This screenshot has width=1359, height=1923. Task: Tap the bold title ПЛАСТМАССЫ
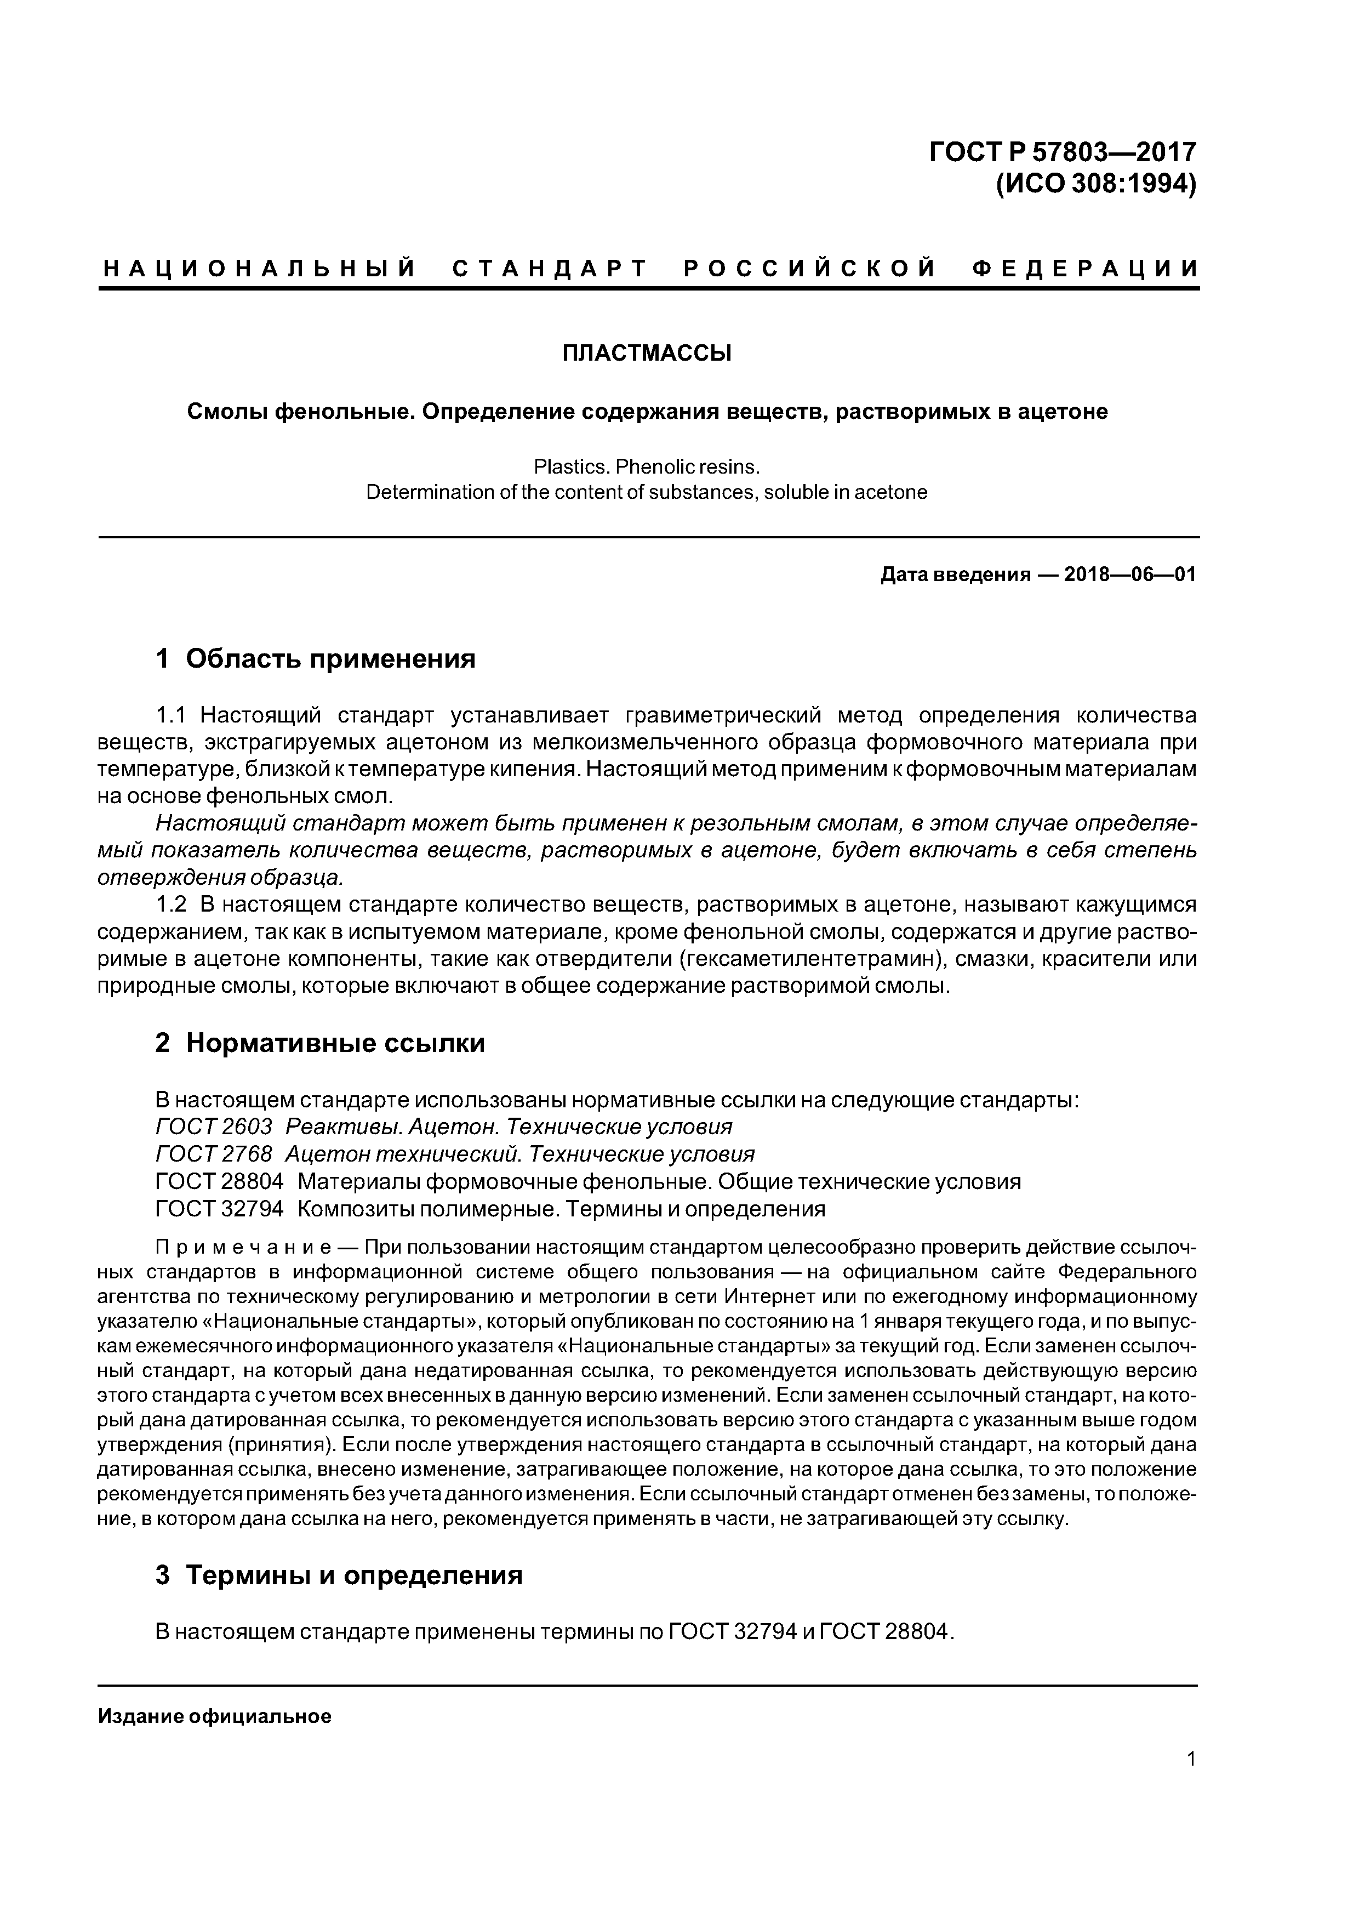(647, 354)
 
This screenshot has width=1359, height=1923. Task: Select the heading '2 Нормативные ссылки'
(320, 1043)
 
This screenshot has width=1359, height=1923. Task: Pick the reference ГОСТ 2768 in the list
(214, 1154)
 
